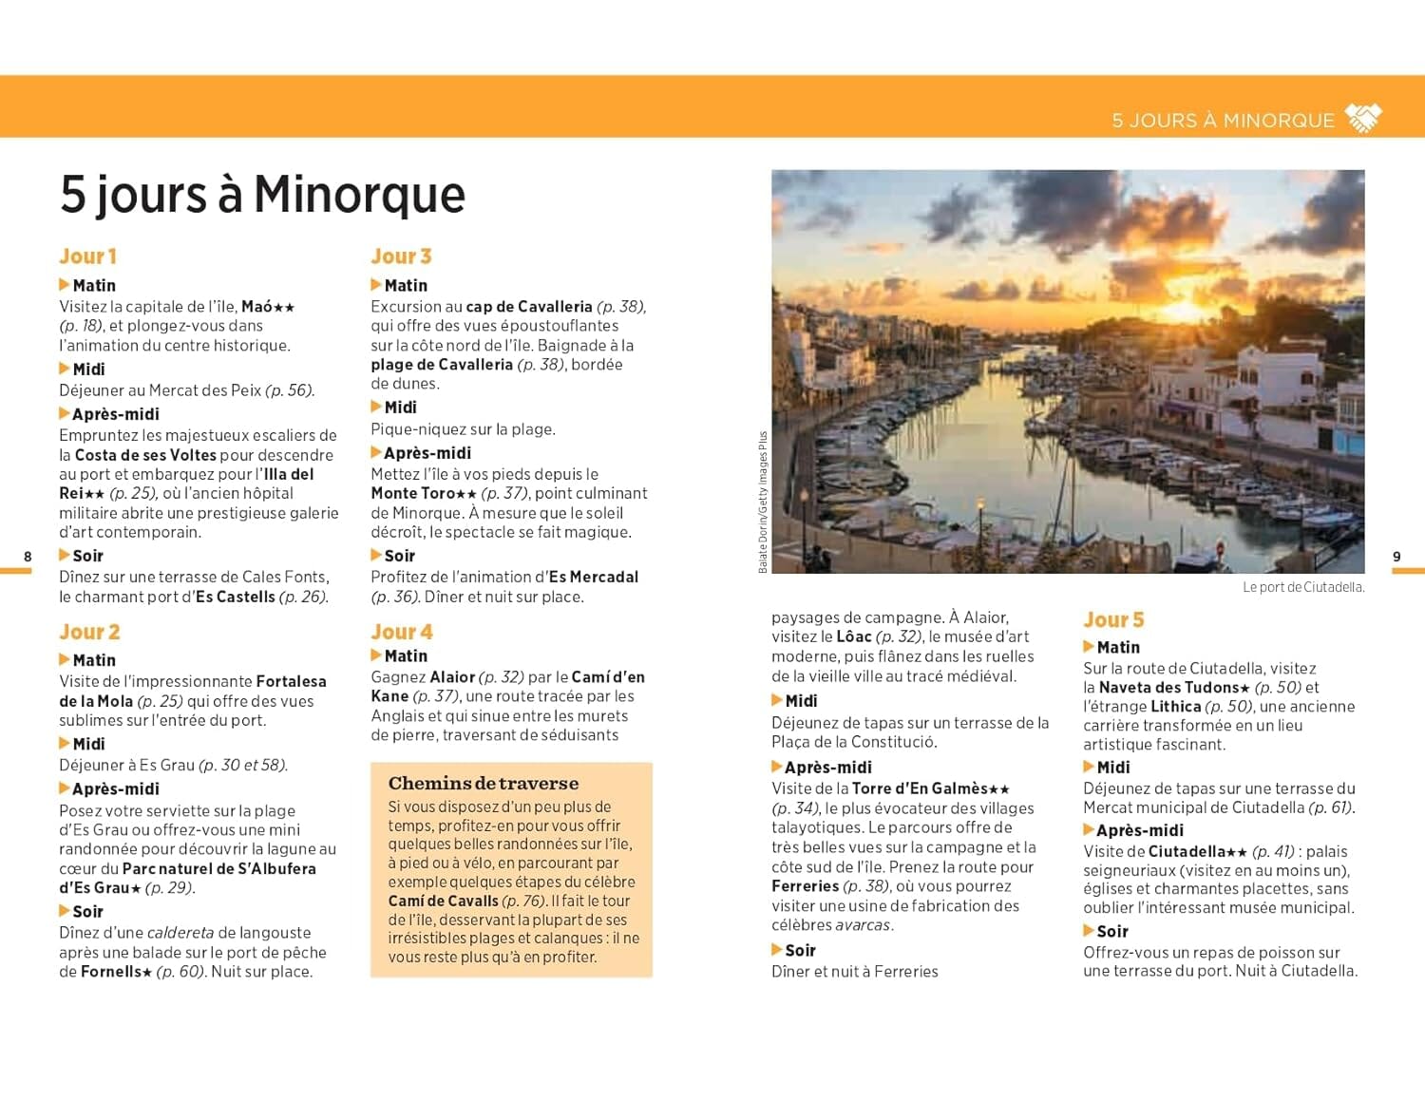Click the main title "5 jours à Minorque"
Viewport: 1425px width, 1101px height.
coord(262,195)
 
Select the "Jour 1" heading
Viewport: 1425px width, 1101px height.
coord(87,256)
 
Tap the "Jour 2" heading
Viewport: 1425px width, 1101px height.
coord(89,633)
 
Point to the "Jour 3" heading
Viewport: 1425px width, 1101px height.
coord(401,256)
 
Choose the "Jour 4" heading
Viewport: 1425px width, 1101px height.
coord(401,633)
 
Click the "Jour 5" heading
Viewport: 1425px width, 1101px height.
coord(1113,620)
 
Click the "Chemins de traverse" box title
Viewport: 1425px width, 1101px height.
coord(483,784)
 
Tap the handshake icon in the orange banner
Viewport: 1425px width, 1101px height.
coord(1364,119)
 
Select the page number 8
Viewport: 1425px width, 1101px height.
coord(28,557)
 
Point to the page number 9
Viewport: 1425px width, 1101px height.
coord(1396,557)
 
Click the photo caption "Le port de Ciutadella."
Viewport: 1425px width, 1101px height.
coord(1303,588)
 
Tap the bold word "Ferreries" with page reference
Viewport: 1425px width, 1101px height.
coord(805,886)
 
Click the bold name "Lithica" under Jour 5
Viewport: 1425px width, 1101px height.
coord(1175,707)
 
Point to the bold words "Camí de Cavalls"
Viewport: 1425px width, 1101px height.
coord(443,901)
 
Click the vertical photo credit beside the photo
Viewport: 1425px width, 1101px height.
coord(763,502)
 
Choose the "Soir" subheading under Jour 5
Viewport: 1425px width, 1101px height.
coord(1111,932)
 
